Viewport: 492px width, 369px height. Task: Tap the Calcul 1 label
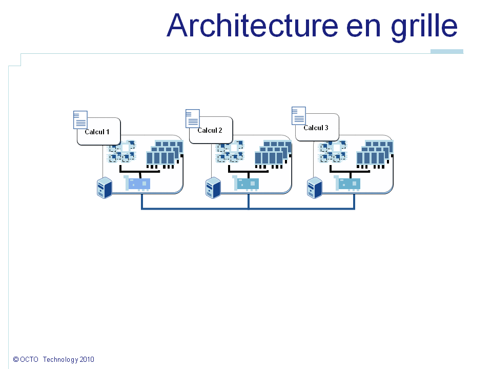[97, 132]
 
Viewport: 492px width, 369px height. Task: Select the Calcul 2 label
[210, 130]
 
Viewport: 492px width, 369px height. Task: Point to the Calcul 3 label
[316, 128]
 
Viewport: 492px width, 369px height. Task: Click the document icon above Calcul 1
[80, 119]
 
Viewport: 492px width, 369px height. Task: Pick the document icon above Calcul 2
[192, 118]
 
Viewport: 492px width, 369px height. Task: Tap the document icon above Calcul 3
[299, 116]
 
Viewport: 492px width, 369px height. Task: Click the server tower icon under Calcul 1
[105, 188]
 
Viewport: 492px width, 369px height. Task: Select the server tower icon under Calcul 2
[213, 188]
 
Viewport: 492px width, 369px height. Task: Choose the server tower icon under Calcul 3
[314, 188]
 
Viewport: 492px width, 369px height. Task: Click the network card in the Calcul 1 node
[137, 183]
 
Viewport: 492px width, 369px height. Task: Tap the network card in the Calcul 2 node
[245, 183]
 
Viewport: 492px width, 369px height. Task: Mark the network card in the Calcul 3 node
[347, 183]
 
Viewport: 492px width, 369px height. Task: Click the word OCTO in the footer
[30, 360]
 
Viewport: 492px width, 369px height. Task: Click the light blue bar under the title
[446, 51]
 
